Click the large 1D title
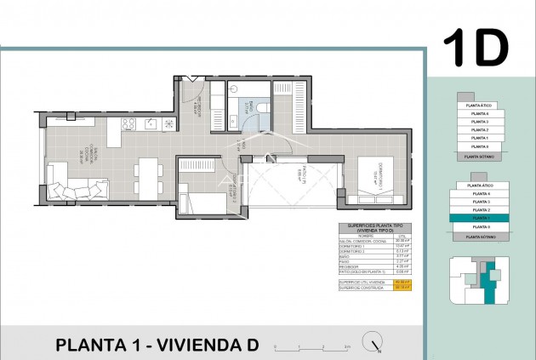pos(476,48)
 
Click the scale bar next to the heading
pos(322,346)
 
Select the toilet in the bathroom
pos(261,108)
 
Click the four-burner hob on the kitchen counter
pos(128,124)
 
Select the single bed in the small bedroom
pos(204,203)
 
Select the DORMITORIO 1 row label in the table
pos(351,244)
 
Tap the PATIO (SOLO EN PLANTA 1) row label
pos(357,272)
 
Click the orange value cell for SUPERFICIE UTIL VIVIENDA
pos(404,281)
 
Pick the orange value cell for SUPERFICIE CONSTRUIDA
pos(404,286)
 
